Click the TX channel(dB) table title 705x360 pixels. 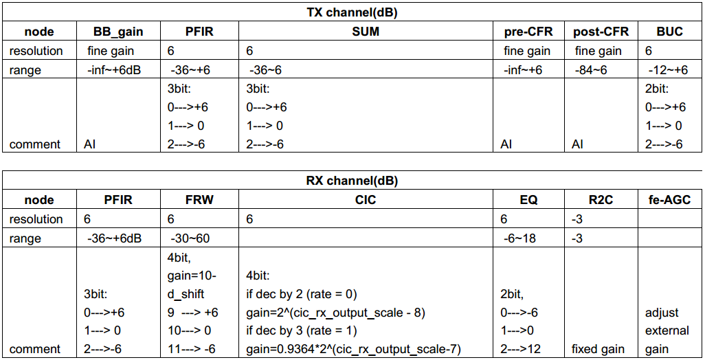coord(352,12)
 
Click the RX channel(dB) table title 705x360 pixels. coord(352,181)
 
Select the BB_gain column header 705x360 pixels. coord(118,32)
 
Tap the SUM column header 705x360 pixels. coord(366,32)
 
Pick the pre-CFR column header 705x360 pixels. coord(528,32)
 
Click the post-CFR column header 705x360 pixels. coord(601,32)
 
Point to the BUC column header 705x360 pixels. coord(669,32)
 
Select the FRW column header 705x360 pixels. coord(199,199)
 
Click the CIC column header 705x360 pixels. coord(366,199)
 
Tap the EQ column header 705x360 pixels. coord(528,199)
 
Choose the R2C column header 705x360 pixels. coord(601,199)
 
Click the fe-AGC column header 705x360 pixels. coord(669,199)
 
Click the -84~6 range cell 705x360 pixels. coord(591,70)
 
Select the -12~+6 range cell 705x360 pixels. coord(668,70)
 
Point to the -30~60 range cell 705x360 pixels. coord(190,238)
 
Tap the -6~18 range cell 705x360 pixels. coord(519,238)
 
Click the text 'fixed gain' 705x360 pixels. coord(598,349)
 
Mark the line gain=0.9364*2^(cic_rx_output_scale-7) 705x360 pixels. coord(353,349)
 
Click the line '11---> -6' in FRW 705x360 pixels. coord(192,349)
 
